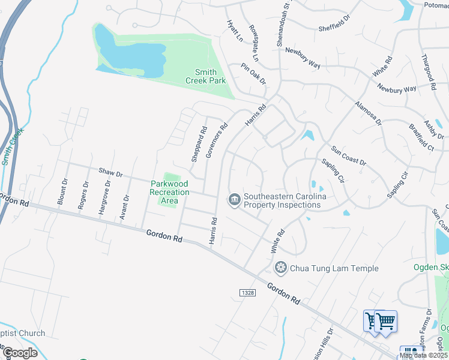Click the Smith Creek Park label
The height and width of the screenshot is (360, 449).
(x=201, y=76)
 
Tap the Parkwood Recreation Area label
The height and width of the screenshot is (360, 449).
(x=169, y=192)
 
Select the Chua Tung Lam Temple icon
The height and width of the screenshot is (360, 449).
(x=280, y=268)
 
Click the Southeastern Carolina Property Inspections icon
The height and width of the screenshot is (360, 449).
(x=234, y=200)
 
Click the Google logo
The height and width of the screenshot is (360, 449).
(x=19, y=352)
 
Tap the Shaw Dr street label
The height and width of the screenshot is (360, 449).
(x=110, y=173)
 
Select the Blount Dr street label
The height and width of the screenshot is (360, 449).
(x=61, y=191)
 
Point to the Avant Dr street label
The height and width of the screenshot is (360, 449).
(x=125, y=206)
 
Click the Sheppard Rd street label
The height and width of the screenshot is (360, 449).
(x=199, y=143)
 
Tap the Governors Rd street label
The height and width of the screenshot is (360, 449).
(x=217, y=140)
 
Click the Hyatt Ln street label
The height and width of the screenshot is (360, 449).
(x=234, y=30)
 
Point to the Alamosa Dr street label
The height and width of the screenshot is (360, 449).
(x=368, y=112)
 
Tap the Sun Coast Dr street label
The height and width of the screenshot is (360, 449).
(x=349, y=154)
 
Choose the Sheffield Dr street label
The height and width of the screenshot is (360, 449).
(x=334, y=27)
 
